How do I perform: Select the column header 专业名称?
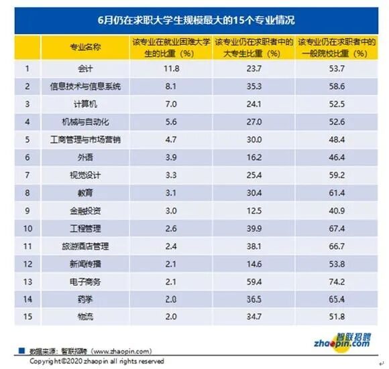click(85, 48)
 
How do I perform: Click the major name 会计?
click(85, 69)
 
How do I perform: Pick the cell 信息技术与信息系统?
click(85, 87)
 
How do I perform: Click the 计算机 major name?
click(85, 104)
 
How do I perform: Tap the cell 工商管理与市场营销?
click(85, 140)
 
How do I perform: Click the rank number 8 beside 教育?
click(27, 193)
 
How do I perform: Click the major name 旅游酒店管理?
click(85, 246)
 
